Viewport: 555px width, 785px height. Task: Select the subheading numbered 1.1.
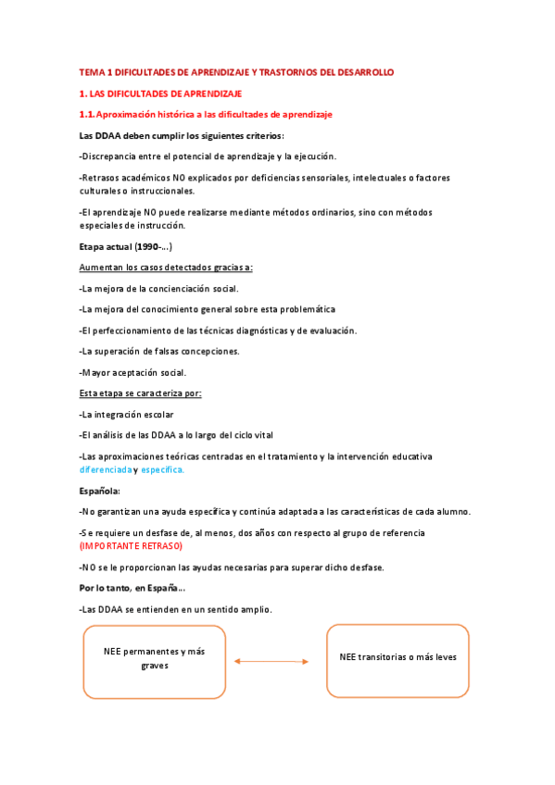coord(205,114)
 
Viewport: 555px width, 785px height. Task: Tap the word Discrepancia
coord(111,156)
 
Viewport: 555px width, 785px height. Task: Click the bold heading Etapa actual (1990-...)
coord(126,246)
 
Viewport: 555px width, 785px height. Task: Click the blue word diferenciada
coord(105,469)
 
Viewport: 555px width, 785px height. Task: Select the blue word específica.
coord(163,469)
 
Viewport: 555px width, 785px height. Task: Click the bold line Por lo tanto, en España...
coord(132,588)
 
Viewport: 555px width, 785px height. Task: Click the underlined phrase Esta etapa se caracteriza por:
coord(140,393)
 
